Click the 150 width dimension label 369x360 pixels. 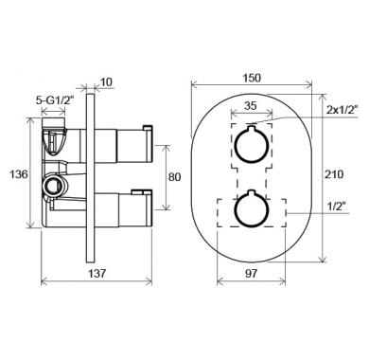click(253, 78)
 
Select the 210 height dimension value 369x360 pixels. click(334, 174)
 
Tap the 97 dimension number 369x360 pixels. click(252, 274)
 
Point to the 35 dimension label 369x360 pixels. click(251, 105)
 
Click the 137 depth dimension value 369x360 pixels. click(97, 274)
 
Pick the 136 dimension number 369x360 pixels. click(19, 174)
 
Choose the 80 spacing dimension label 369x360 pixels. click(174, 177)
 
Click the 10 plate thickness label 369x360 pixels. click(107, 82)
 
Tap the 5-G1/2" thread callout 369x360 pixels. click(55, 100)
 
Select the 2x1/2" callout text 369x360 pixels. click(343, 110)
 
